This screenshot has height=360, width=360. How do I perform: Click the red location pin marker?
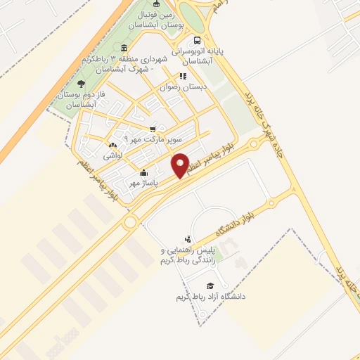coord(180,165)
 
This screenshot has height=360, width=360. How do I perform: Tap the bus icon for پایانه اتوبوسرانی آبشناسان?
coord(197,40)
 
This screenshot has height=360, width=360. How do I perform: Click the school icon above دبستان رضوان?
coord(182,76)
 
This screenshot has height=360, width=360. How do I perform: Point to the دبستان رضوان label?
coord(186,87)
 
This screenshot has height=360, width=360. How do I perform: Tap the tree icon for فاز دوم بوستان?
coord(82,84)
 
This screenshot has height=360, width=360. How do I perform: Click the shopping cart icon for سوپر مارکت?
coord(153,129)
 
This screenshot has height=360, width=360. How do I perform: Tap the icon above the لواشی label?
coord(113,146)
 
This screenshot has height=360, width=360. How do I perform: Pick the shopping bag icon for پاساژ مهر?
coord(144,172)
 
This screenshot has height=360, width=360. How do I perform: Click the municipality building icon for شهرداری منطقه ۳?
coord(124,48)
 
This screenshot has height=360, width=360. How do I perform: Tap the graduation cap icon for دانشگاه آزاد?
coord(210,285)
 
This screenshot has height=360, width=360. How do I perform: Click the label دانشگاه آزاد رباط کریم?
coord(210,297)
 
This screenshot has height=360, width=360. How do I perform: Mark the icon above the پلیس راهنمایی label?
coord(187,239)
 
